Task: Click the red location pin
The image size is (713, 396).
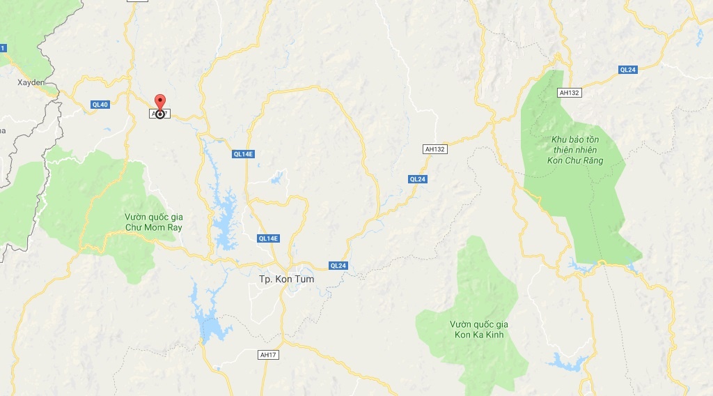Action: [x=159, y=102]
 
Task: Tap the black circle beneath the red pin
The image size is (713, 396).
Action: [x=160, y=114]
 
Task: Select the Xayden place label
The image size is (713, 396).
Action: [x=31, y=82]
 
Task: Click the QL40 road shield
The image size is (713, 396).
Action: [x=100, y=105]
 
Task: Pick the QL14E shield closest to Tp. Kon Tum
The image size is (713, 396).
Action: [x=268, y=238]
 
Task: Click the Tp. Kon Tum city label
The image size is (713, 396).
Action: [x=286, y=279]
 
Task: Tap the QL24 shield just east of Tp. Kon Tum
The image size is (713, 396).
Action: [x=338, y=266]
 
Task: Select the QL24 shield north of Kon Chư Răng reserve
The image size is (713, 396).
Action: [x=627, y=70]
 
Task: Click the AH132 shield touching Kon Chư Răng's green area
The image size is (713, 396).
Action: [x=569, y=92]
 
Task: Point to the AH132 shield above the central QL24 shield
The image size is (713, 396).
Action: [x=434, y=149]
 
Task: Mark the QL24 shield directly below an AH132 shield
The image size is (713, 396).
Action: [x=417, y=179]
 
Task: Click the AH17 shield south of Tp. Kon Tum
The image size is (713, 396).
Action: [x=267, y=355]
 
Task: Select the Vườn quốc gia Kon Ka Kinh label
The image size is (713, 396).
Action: [x=479, y=330]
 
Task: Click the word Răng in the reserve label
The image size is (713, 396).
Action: [x=591, y=161]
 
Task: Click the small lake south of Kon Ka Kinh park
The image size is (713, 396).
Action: [x=568, y=361]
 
